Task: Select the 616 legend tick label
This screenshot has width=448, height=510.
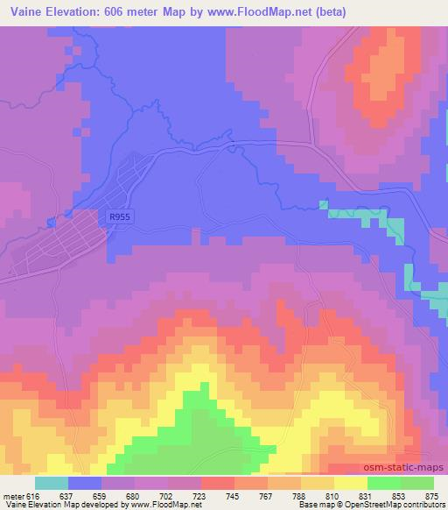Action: pos(31,494)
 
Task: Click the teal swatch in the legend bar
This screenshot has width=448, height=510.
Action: pos(52,482)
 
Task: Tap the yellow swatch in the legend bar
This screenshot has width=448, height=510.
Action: pos(351,482)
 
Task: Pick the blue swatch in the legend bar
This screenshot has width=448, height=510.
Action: pos(85,482)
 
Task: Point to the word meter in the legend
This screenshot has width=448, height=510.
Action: pos(12,494)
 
